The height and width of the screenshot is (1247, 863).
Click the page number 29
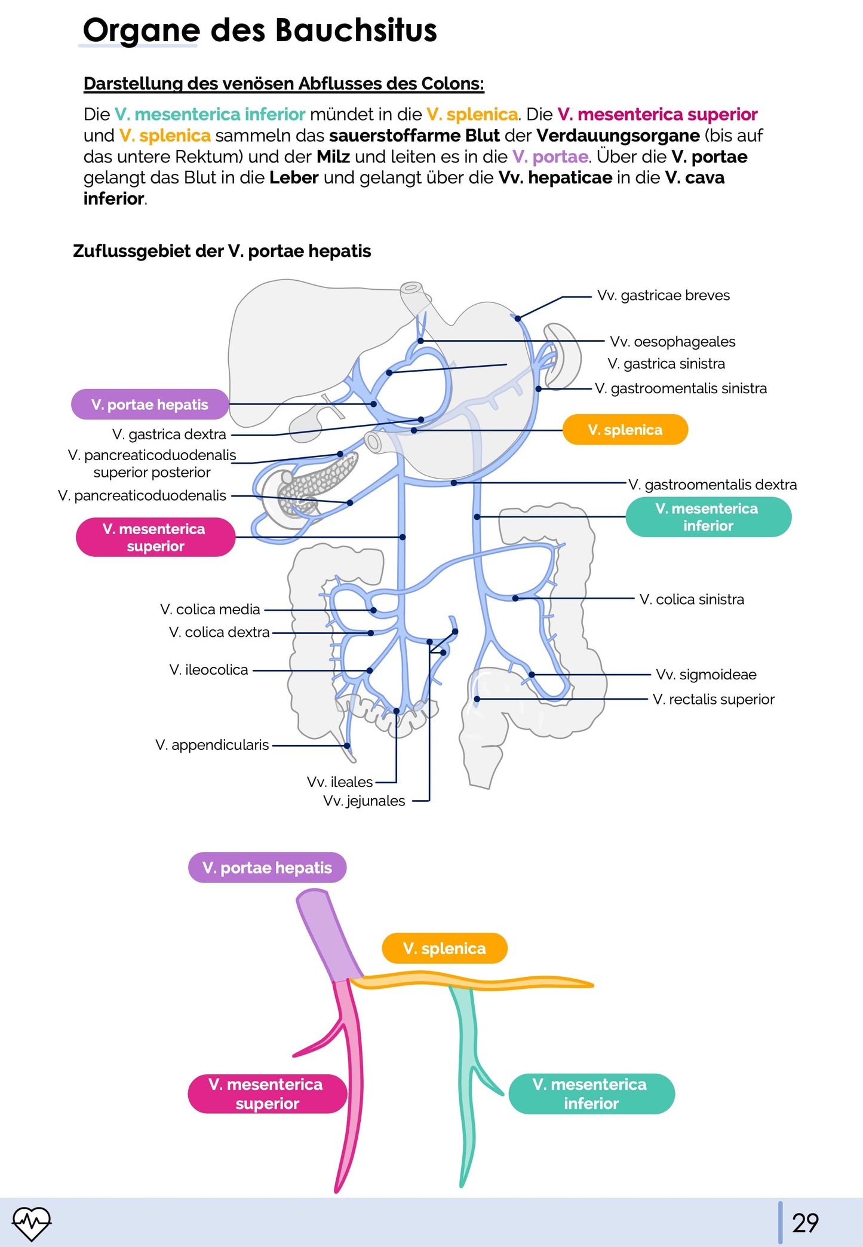[x=805, y=1223]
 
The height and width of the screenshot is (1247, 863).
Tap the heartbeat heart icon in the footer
[x=32, y=1223]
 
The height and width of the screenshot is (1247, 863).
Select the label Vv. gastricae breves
[x=663, y=295]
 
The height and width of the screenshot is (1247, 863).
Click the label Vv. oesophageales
[x=672, y=342]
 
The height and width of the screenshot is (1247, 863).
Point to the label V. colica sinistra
[x=692, y=599]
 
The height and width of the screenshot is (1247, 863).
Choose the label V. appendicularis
[x=212, y=745]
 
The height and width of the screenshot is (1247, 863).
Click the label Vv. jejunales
[x=364, y=801]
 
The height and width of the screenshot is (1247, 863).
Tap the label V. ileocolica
[x=208, y=670]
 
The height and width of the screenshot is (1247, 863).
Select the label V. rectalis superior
[x=713, y=699]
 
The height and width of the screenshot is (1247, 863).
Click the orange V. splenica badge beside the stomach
[x=625, y=430]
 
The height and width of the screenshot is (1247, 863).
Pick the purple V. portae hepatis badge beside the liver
[x=149, y=405]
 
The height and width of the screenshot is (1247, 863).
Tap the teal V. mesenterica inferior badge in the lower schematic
[x=591, y=1093]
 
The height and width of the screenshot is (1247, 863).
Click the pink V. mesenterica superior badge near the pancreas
[x=155, y=537]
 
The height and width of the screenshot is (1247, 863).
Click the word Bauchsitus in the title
[x=356, y=30]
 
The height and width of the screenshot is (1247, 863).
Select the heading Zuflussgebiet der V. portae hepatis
[x=222, y=251]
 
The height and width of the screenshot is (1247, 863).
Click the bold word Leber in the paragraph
[x=293, y=177]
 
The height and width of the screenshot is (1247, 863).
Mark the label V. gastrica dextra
[x=169, y=434]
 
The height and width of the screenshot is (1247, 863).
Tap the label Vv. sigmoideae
[x=705, y=675]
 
